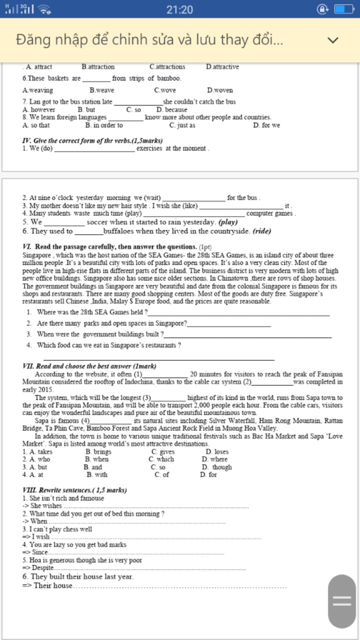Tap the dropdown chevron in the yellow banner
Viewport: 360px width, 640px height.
coord(333,40)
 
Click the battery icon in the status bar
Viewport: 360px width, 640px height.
coord(344,9)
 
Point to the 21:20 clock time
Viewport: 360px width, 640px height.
coord(179,9)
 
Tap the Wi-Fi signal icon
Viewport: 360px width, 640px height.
coord(44,9)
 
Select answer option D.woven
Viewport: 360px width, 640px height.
coord(220,90)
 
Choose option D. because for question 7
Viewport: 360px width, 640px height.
coord(172,110)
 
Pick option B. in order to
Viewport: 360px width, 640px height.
coord(104,125)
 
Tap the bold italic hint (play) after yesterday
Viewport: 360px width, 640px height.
coord(228,222)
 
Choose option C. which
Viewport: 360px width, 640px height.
coord(161,459)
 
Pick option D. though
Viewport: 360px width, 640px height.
coord(217,467)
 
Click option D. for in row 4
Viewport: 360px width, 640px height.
coord(208,475)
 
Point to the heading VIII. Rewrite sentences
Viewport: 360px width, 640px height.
coord(75,490)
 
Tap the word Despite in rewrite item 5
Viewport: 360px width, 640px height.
coord(43,568)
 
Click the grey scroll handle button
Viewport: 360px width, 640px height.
coord(342,601)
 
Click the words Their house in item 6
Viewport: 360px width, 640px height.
coord(53,585)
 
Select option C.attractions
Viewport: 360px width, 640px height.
coord(167,67)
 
